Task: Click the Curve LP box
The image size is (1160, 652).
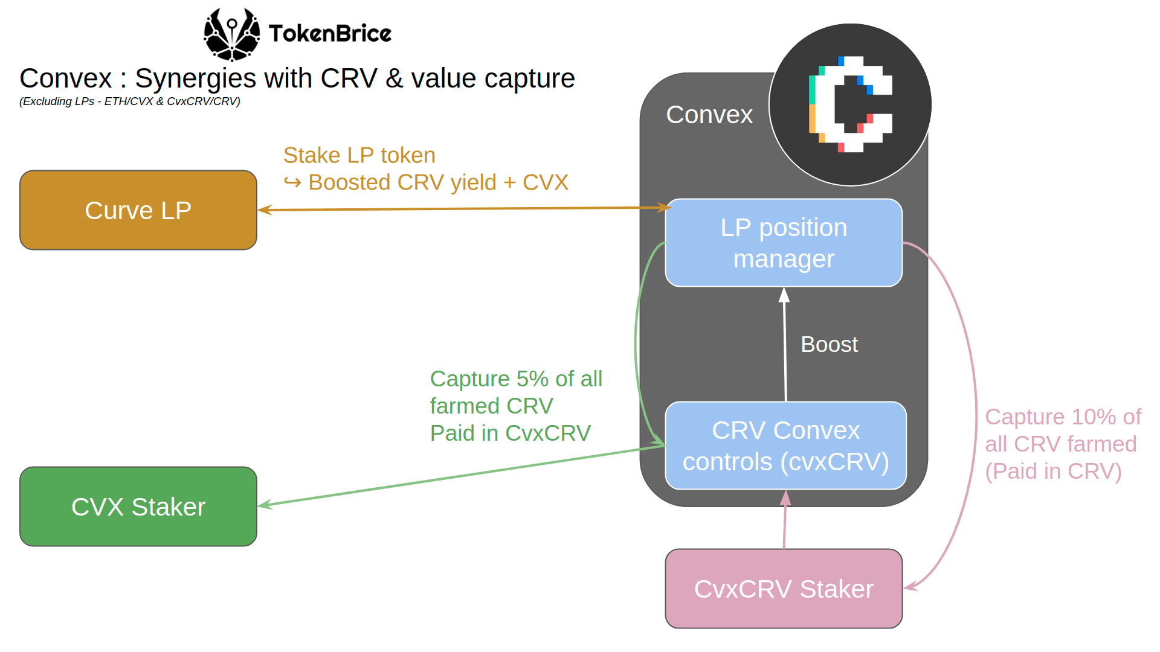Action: click(138, 210)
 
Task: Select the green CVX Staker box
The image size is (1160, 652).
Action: click(138, 507)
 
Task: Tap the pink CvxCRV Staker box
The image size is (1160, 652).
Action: click(784, 589)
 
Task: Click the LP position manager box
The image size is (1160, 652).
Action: click(784, 243)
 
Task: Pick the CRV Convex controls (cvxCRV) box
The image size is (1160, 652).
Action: click(785, 446)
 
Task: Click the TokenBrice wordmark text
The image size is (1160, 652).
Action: click(330, 34)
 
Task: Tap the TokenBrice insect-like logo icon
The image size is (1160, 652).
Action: click(231, 34)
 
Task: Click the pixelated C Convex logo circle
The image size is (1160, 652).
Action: click(850, 104)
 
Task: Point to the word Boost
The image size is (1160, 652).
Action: click(829, 344)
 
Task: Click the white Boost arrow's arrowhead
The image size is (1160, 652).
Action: click(784, 295)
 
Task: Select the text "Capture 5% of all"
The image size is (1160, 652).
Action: click(516, 379)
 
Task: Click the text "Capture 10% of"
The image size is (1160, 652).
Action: click(1063, 417)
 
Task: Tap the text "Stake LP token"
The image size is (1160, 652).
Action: click(359, 155)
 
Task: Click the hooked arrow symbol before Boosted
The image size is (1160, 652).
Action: click(292, 182)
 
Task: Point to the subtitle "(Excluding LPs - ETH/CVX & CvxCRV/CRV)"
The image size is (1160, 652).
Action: click(130, 101)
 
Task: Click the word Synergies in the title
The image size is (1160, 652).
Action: click(195, 78)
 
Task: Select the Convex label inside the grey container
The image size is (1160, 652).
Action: click(709, 115)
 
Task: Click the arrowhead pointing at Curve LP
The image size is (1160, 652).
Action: click(265, 210)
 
